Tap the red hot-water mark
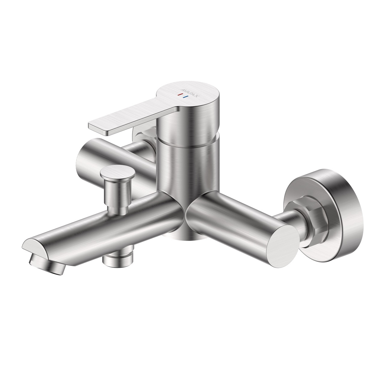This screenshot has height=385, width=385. pyautogui.click(x=180, y=95)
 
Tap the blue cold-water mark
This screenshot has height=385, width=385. pyautogui.click(x=186, y=97)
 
